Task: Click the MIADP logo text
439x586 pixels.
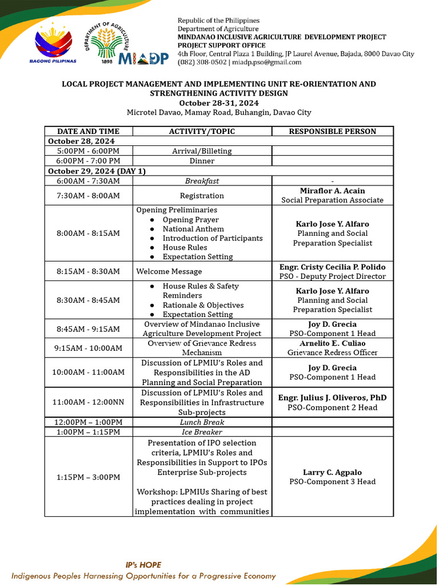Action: tap(143, 58)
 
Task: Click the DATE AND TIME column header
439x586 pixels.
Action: tap(88, 131)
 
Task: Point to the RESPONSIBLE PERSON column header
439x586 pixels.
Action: tap(332, 131)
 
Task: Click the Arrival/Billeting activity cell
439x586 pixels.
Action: tap(202, 151)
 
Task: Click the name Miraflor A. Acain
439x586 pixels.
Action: tap(332, 191)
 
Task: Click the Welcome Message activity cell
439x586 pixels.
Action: tap(169, 271)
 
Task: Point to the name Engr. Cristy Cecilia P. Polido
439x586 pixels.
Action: tap(332, 267)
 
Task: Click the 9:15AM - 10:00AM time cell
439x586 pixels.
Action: tap(88, 348)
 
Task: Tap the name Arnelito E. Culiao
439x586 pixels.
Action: tap(332, 343)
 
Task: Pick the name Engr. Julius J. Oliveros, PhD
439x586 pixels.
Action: tap(332, 398)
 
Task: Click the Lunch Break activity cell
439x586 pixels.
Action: tap(202, 422)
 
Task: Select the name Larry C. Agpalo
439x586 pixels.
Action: tap(332, 472)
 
